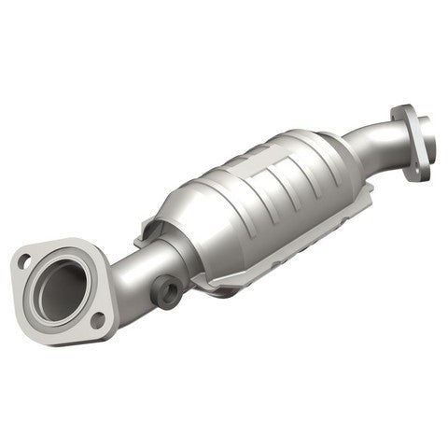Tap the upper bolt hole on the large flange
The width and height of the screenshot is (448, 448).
(x=25, y=261)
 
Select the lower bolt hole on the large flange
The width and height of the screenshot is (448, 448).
(x=97, y=319)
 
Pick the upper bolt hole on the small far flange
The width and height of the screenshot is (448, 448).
(x=401, y=114)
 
